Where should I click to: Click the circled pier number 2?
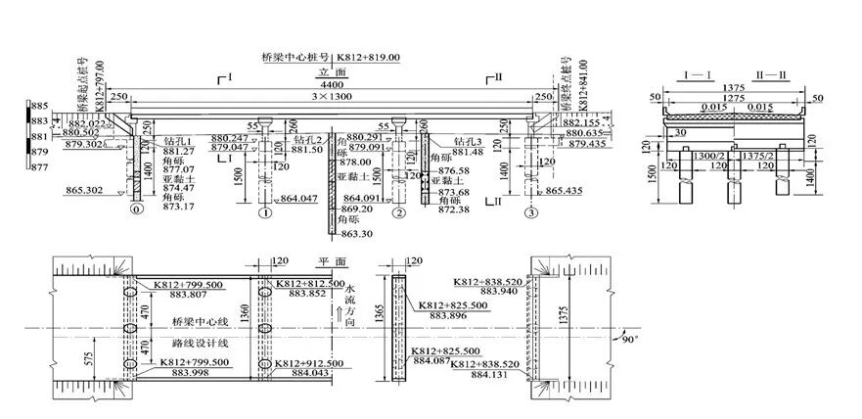[397, 211]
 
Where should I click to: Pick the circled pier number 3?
[530, 211]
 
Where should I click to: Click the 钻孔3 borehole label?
[467, 141]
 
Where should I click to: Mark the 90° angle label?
[627, 340]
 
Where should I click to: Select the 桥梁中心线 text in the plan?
[198, 322]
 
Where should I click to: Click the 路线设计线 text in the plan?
[198, 344]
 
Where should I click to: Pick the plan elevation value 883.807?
[183, 295]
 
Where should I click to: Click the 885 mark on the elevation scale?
[40, 106]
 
